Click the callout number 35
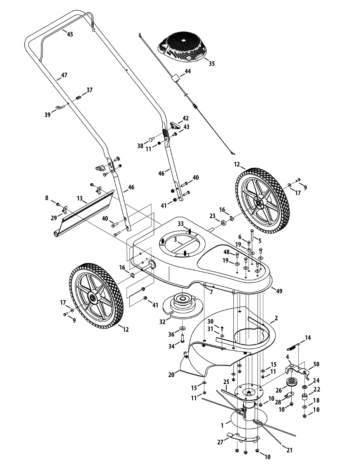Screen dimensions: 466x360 (211, 63)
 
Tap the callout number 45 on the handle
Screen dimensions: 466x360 (70, 34)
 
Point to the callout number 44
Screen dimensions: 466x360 (188, 71)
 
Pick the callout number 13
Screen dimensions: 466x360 (80, 198)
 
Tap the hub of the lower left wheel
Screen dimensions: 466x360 (94, 298)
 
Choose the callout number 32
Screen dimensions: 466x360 (163, 322)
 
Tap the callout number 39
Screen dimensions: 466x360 (48, 115)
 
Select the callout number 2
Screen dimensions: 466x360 (276, 318)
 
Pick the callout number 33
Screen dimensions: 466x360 (181, 224)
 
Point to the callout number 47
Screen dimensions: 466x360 (64, 75)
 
